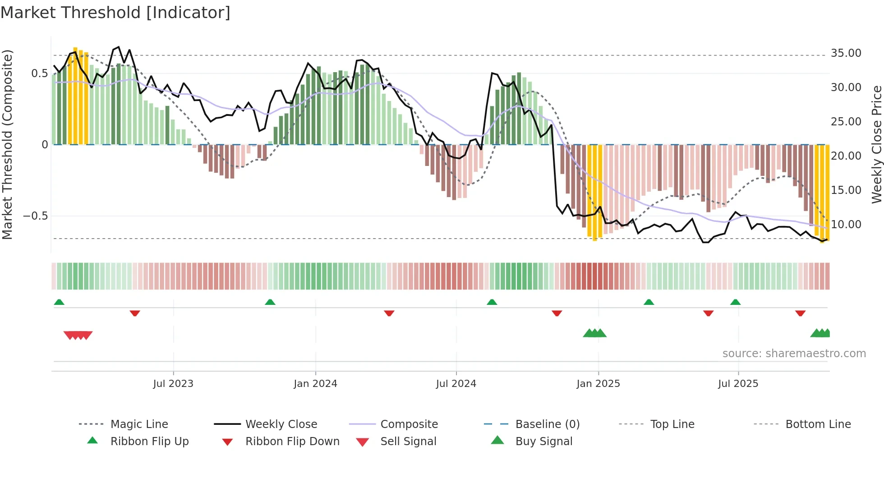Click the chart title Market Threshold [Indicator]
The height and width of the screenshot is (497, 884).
pyautogui.click(x=115, y=13)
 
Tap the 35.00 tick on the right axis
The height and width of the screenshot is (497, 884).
pyautogui.click(x=846, y=53)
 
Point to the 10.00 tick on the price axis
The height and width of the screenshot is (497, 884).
pyautogui.click(x=846, y=224)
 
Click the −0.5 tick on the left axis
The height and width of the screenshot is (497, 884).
pyautogui.click(x=36, y=216)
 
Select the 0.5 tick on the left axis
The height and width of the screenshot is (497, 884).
pyautogui.click(x=39, y=74)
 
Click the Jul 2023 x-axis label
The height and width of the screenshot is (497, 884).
pyautogui.click(x=173, y=384)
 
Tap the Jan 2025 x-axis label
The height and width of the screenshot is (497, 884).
pyautogui.click(x=598, y=384)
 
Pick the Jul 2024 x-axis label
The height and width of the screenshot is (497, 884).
pyautogui.click(x=456, y=384)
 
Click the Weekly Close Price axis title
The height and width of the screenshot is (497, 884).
pyautogui.click(x=876, y=144)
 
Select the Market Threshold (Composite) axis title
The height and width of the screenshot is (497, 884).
pyautogui.click(x=7, y=144)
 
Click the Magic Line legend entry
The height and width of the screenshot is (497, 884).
pyautogui.click(x=139, y=424)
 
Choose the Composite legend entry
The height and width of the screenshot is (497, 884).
pyautogui.click(x=409, y=424)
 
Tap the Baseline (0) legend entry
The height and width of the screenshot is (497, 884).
pyautogui.click(x=547, y=424)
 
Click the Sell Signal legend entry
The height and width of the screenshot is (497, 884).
pyautogui.click(x=408, y=442)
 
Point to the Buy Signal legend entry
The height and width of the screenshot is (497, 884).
pyautogui.click(x=543, y=442)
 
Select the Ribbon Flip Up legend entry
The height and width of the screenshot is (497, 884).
pyautogui.click(x=149, y=442)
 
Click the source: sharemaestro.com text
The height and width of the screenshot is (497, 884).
pyautogui.click(x=794, y=354)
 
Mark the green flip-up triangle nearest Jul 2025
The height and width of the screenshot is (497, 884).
pyautogui.click(x=736, y=302)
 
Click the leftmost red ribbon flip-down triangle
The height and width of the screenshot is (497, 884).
pyautogui.click(x=135, y=313)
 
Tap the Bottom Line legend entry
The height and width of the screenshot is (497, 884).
pyautogui.click(x=818, y=424)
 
